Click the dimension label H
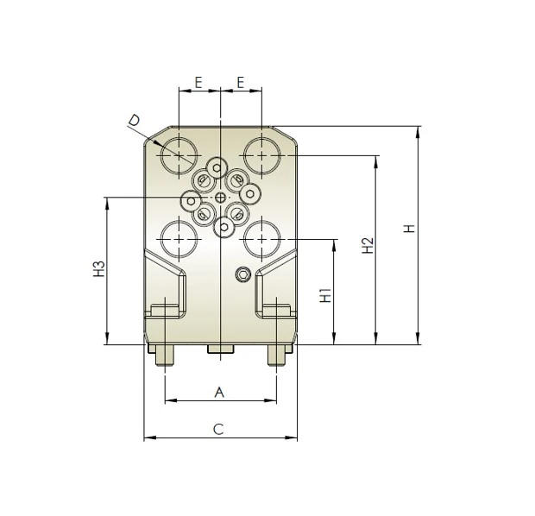pyautogui.click(x=411, y=229)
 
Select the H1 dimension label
pyautogui.click(x=325, y=294)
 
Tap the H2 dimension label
pyautogui.click(x=368, y=245)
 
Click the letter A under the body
pyautogui.click(x=219, y=393)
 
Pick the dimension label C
pyautogui.click(x=219, y=429)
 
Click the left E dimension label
pyautogui.click(x=198, y=83)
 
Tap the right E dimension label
pyautogui.click(x=241, y=83)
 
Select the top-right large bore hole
pyautogui.click(x=261, y=155)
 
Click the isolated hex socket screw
pyautogui.click(x=244, y=275)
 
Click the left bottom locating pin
pyautogui.click(x=163, y=356)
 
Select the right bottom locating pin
pyautogui.click(x=276, y=356)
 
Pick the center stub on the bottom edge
pyautogui.click(x=220, y=349)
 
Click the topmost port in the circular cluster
pyautogui.click(x=217, y=167)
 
